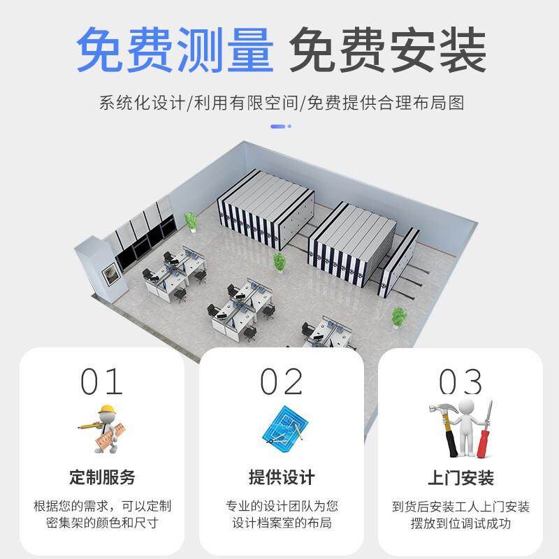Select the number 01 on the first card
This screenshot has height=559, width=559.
101,382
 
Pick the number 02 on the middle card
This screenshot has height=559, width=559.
282,382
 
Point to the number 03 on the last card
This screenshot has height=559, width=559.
460,382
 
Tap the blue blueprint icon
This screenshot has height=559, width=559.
282,427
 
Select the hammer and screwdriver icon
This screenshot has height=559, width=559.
460,428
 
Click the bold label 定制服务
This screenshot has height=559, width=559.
103,478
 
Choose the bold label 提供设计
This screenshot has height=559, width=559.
282,478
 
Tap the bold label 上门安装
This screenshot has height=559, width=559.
460,478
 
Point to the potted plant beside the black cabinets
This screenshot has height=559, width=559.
191,222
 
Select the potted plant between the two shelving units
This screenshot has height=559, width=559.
279,262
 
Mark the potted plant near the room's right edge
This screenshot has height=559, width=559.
398,317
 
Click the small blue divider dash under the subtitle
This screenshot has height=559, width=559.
280,126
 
